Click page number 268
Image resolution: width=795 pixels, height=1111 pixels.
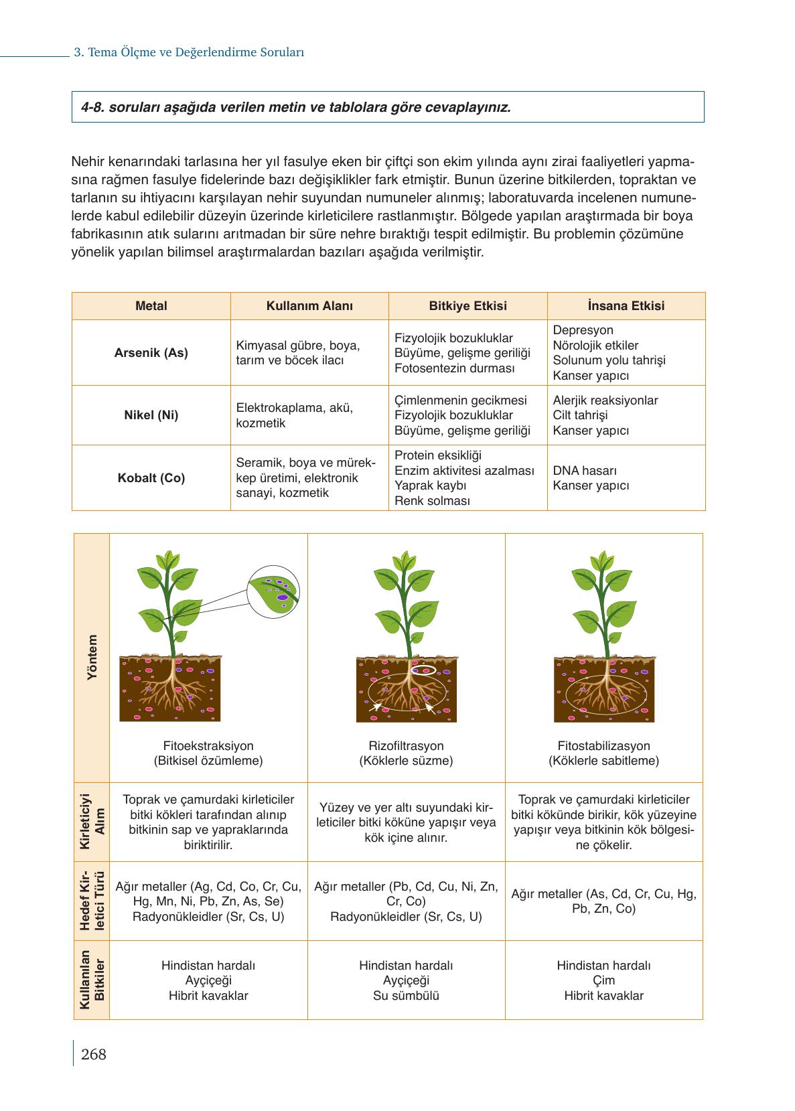click(93, 1054)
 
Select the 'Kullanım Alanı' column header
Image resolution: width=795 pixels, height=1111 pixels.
click(309, 306)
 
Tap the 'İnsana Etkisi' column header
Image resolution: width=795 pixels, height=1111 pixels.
click(626, 306)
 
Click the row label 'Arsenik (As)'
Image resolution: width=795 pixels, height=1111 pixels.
click(151, 352)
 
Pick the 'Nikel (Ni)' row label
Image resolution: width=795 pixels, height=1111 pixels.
click(151, 415)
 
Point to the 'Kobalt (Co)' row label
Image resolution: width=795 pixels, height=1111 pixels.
click(151, 478)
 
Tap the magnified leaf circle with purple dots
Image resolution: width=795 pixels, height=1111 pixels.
click(274, 589)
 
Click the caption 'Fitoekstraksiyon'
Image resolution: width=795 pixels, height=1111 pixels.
click(208, 745)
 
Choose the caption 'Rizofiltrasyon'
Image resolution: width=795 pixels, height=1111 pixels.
click(406, 745)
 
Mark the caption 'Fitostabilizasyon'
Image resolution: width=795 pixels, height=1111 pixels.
click(603, 745)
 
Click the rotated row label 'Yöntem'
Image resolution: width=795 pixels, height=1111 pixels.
click(92, 658)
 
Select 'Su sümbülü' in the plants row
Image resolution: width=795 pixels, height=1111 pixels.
click(406, 995)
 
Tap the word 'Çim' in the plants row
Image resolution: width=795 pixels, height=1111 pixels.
click(603, 980)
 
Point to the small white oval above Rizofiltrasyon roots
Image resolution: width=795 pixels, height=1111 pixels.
click(423, 670)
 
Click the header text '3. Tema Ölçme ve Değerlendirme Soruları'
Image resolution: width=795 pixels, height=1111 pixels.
click(189, 52)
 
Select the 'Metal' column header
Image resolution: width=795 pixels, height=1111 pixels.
click(151, 306)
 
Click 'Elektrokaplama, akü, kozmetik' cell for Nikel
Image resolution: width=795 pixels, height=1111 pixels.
click(295, 415)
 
